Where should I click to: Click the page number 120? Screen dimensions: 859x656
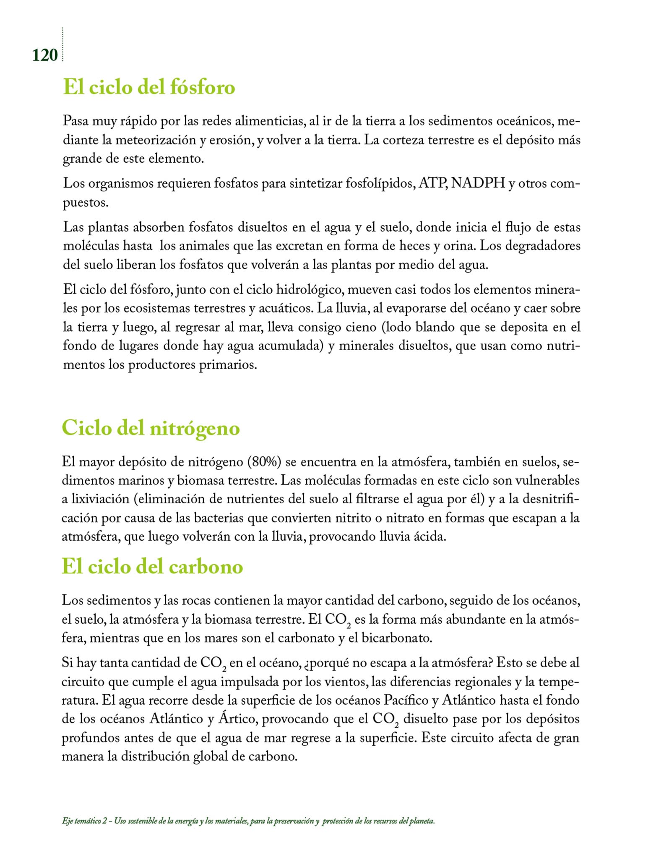44,55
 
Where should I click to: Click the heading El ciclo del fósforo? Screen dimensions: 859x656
149,87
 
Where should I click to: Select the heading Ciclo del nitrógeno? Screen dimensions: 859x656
151,428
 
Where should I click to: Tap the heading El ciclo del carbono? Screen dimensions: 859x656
152,567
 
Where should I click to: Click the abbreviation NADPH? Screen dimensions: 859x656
478,184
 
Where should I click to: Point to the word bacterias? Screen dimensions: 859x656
219,518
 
